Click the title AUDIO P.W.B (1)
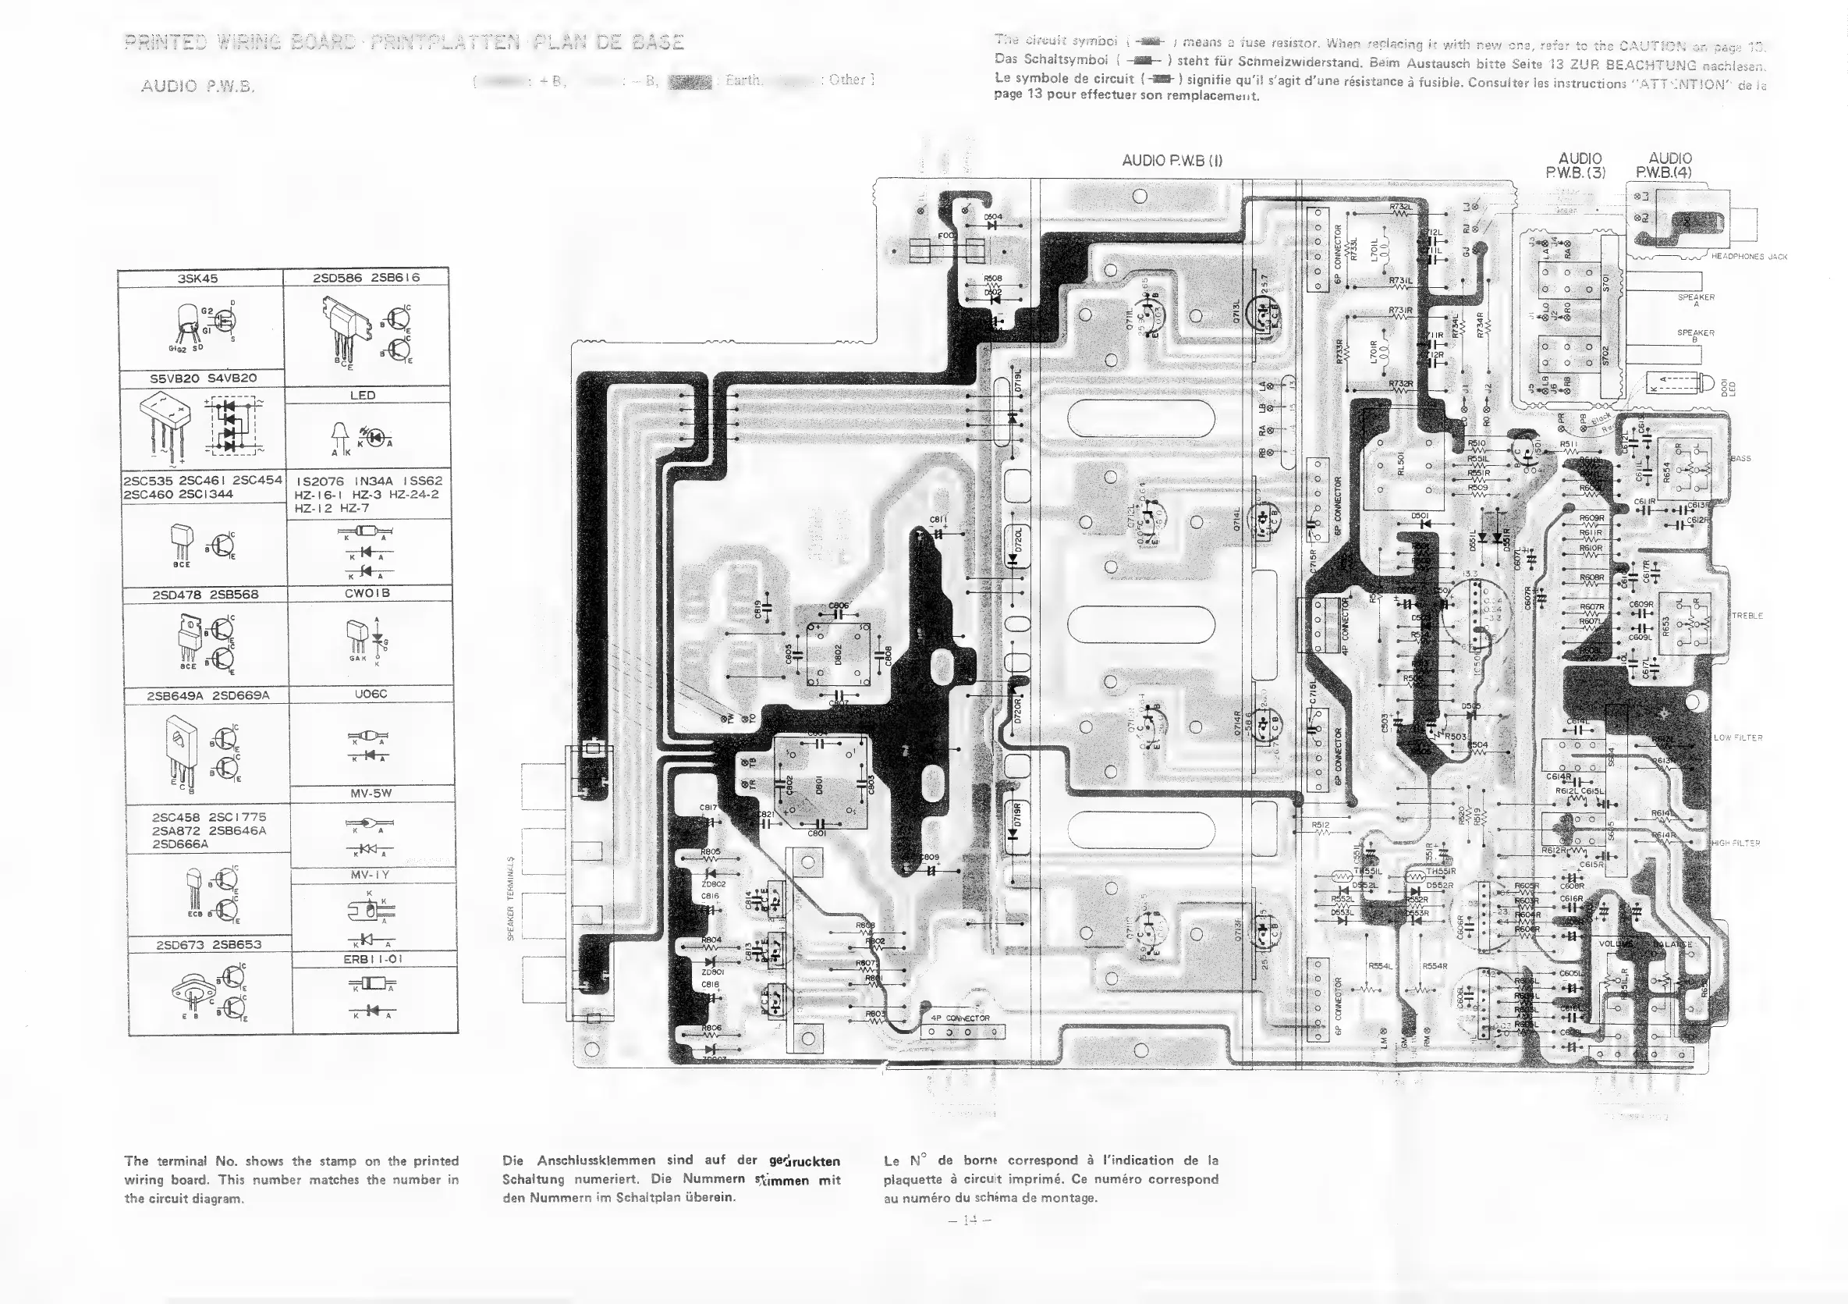(1172, 160)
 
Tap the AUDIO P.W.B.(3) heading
(1579, 165)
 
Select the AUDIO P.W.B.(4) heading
(1669, 165)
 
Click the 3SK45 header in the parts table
(198, 279)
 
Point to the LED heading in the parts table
(363, 395)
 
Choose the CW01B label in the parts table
(371, 593)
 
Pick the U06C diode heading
(371, 693)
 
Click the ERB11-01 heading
(372, 958)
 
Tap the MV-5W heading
(371, 793)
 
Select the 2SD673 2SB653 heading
(208, 943)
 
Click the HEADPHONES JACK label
(1749, 257)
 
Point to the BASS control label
(1740, 459)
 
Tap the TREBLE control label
(1747, 616)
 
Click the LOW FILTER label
(1738, 737)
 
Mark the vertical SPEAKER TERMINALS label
(510, 897)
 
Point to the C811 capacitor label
(938, 520)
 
